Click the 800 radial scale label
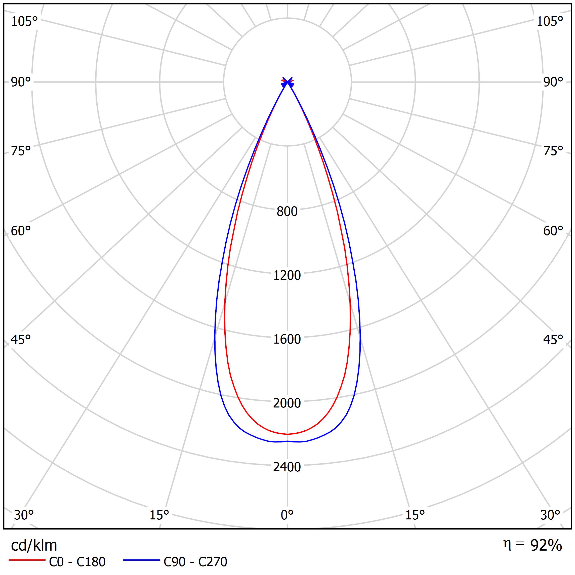pos(287,212)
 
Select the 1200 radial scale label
pos(287,275)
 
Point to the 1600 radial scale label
pos(287,339)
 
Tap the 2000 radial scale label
pos(287,403)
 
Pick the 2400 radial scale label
pos(287,467)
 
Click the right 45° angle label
pos(553,340)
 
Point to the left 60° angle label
pos(21,231)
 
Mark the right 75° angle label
pos(553,151)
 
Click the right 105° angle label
pos(550,21)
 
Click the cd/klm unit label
pos(34,546)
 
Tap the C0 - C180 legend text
pos(77,562)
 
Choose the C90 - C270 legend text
pos(195,562)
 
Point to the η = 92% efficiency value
pos(532,545)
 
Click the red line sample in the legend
pos(27,560)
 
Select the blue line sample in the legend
pos(142,560)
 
